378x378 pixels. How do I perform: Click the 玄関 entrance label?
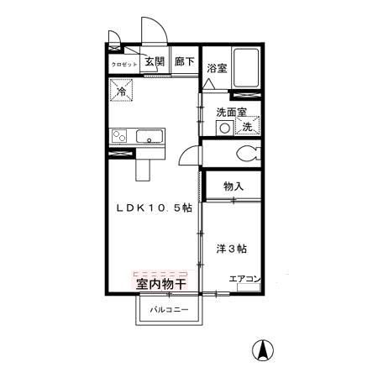153,61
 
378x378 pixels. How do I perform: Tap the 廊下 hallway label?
184,61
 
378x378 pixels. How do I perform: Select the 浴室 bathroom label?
216,68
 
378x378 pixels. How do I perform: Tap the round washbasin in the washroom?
224,128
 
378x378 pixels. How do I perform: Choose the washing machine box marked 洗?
247,126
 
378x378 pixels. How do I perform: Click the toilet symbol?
248,154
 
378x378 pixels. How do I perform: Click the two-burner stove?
118,136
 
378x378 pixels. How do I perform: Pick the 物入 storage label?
233,186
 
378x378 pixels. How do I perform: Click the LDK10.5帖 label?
155,208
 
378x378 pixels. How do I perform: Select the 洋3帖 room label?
231,249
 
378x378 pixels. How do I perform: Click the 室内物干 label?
161,285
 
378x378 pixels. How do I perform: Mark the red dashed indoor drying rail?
161,274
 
